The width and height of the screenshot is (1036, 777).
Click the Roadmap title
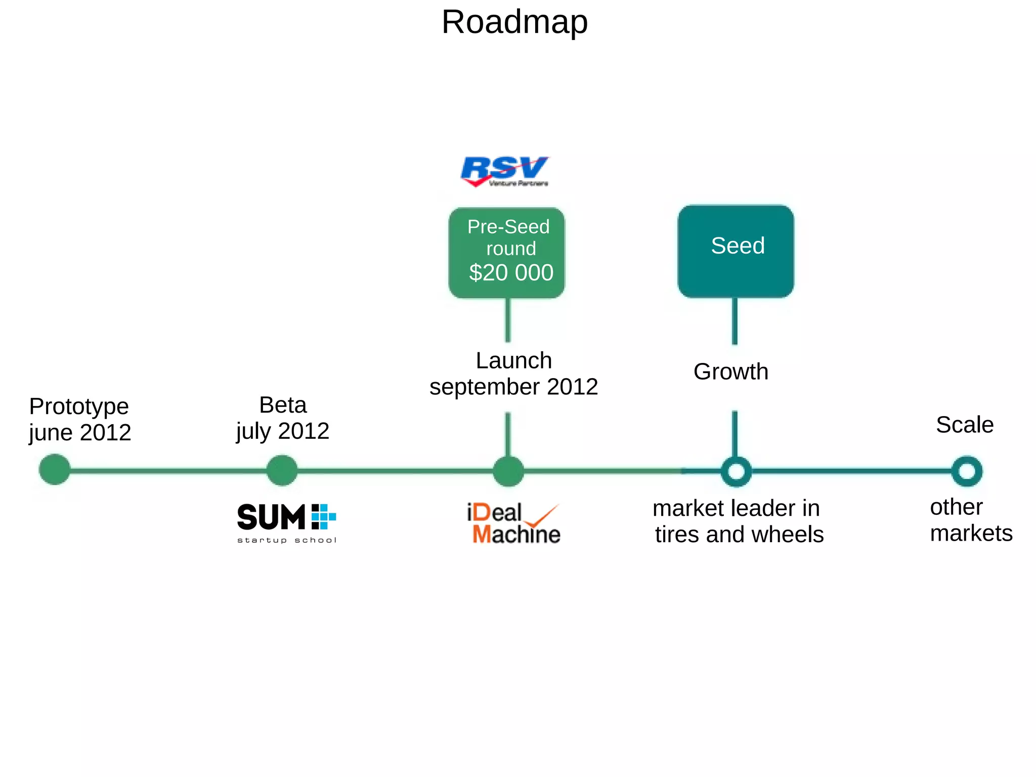(514, 22)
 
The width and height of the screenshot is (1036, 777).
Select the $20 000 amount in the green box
(511, 272)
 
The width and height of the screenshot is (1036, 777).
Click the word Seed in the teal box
(737, 246)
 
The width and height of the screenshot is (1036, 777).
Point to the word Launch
(513, 361)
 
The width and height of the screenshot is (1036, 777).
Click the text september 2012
(513, 387)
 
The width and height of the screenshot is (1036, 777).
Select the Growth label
(730, 372)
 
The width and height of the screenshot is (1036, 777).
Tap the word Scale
(964, 425)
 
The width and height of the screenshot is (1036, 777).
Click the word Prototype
(79, 406)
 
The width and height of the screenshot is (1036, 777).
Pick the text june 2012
(80, 433)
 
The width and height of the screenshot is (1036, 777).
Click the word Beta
(283, 405)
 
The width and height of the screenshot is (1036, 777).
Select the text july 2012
(283, 431)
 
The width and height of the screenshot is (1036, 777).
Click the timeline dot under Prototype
(55, 470)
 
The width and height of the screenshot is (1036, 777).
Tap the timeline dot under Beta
(282, 470)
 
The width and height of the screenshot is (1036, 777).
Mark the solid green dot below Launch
(508, 471)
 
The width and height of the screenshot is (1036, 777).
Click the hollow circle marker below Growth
(736, 471)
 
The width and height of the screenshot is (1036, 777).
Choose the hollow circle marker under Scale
(967, 471)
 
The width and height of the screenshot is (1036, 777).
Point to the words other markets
(970, 520)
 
